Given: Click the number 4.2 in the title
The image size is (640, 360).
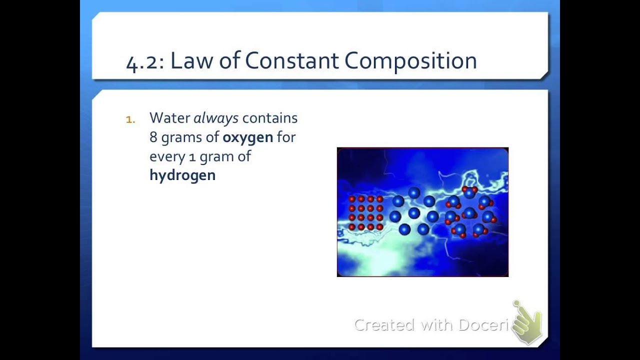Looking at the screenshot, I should click(x=141, y=62).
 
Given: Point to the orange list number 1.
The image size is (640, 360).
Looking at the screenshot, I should click(x=130, y=119).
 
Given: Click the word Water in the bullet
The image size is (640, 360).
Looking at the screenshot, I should click(x=169, y=118).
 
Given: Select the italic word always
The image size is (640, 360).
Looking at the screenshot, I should click(x=215, y=118).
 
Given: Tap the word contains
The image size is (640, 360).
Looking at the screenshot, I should click(x=269, y=118).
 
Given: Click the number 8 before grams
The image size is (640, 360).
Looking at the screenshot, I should click(x=153, y=137).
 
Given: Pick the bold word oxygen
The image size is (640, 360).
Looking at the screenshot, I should click(x=247, y=137).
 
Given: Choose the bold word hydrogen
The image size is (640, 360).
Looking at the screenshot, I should click(x=182, y=175).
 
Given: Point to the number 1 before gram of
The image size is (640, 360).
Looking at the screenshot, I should click(x=192, y=157).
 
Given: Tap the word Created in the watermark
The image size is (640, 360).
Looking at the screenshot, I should click(x=384, y=325).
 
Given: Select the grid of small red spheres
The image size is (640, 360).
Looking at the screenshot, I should click(x=365, y=213).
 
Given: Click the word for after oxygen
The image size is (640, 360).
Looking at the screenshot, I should click(x=286, y=137).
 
